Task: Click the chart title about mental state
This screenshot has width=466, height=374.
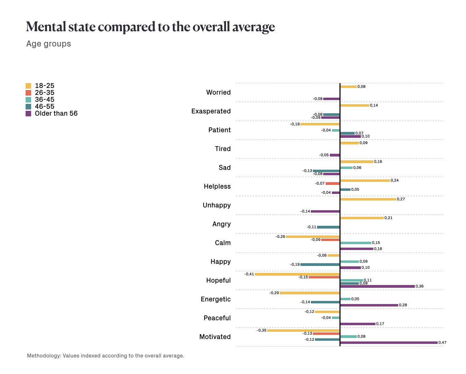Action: [x=150, y=27]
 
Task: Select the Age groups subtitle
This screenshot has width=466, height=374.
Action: [x=49, y=44]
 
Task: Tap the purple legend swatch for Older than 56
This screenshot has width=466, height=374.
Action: [x=28, y=114]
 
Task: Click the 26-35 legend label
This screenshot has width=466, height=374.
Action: [x=45, y=93]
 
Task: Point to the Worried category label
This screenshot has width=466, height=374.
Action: [x=218, y=92]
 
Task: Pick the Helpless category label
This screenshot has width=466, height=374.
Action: [x=217, y=187]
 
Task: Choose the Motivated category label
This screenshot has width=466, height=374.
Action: [x=215, y=337]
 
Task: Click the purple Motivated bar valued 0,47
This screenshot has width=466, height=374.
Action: [x=389, y=343]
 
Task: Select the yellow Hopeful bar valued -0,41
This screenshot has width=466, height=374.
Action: [x=297, y=274]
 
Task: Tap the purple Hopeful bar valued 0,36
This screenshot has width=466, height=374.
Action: [x=378, y=286]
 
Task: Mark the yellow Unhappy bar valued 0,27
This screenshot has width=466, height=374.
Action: [x=368, y=199]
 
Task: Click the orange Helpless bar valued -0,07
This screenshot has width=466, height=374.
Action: [x=333, y=184]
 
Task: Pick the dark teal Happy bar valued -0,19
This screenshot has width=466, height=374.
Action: [x=320, y=265]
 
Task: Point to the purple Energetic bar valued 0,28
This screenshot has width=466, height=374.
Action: [x=369, y=305]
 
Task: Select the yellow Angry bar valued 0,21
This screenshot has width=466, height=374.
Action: [x=362, y=218]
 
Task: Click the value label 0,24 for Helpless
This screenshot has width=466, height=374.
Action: [x=394, y=180]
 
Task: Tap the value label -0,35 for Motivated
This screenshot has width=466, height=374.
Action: [x=261, y=330]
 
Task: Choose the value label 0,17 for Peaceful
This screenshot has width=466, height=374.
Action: [x=380, y=324]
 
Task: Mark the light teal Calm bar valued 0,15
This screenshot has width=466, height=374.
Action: [x=356, y=243]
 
